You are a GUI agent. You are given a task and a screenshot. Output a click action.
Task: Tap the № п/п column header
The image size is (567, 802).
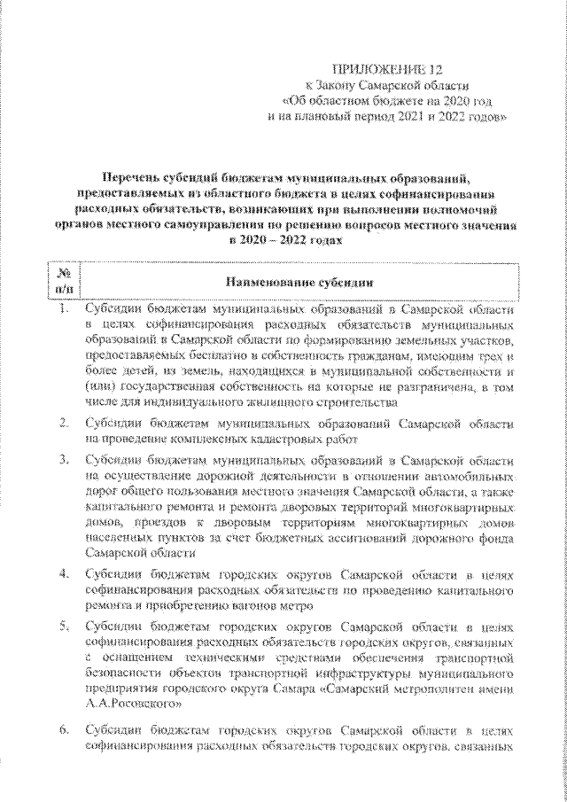click(x=65, y=281)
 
